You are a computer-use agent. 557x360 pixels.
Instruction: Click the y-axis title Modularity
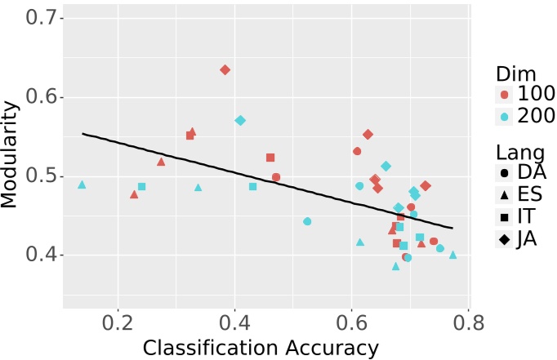pyautogui.click(x=11, y=154)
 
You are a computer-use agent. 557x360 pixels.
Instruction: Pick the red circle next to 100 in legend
pyautogui.click(x=504, y=95)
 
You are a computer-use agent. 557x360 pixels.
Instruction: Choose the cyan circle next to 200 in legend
pyautogui.click(x=504, y=117)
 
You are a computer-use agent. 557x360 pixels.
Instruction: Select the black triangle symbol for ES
pyautogui.click(x=504, y=195)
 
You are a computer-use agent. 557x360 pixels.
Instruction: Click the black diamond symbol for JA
pyautogui.click(x=504, y=239)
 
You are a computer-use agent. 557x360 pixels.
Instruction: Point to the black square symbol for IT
pyautogui.click(x=504, y=217)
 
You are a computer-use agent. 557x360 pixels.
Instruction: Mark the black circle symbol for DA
pyautogui.click(x=504, y=173)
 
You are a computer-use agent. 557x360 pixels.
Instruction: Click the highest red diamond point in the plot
pyautogui.click(x=225, y=69)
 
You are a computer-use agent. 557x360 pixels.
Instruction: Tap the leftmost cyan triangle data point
pyautogui.click(x=82, y=184)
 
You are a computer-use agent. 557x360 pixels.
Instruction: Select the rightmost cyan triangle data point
pyautogui.click(x=453, y=255)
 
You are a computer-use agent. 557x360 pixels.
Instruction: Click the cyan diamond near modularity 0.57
pyautogui.click(x=240, y=120)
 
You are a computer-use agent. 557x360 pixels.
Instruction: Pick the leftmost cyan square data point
pyautogui.click(x=141, y=187)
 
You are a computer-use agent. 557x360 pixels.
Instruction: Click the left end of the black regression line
pyautogui.click(x=82, y=134)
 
